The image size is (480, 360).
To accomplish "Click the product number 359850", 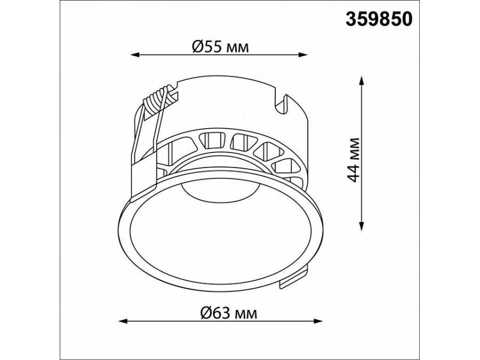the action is [x=379, y=19].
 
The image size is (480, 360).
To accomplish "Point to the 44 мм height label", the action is [x=355, y=160].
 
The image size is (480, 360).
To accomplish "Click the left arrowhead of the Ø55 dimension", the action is [x=135, y=55].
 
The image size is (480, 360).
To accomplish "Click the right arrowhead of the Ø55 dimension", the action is [x=302, y=55].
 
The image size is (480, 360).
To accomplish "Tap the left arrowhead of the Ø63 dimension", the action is [x=123, y=321].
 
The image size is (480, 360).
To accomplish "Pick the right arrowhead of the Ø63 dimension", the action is [x=318, y=321].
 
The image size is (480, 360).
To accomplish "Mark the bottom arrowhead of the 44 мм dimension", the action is [x=362, y=226].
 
